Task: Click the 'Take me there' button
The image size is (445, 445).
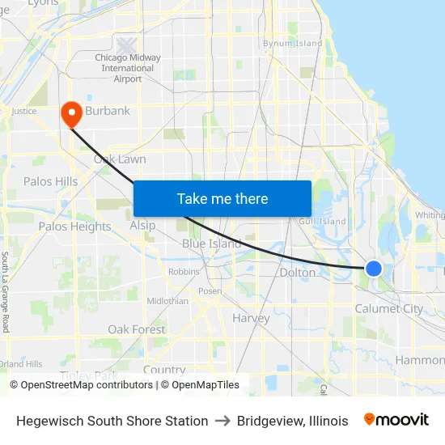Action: coord(222,198)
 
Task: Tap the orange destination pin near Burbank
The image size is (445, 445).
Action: coord(70,114)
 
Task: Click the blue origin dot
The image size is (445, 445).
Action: coord(373,268)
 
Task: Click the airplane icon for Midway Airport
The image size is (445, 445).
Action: coord(127,46)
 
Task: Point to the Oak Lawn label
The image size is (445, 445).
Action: coord(120,159)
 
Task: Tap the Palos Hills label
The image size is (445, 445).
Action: coord(50,181)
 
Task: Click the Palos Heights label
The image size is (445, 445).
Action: coord(74,227)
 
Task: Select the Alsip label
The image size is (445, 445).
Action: coord(142,226)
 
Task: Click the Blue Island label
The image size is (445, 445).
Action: coord(211,244)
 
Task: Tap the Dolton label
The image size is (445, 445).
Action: coord(297,273)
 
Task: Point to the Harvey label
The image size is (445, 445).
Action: coord(251,318)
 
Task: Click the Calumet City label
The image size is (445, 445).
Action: coord(389,308)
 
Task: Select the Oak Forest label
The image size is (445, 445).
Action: coord(137,329)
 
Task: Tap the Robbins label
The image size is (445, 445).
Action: coord(184,272)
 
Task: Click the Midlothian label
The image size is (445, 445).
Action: coord(167,301)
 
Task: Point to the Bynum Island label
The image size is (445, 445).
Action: coord(292,44)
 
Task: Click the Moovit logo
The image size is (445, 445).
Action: coord(396,420)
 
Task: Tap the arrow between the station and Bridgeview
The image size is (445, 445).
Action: coord(222,421)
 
